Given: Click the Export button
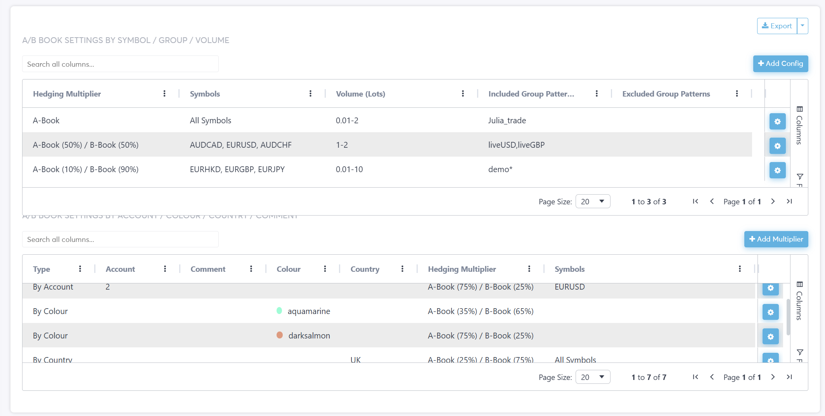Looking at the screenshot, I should click(x=777, y=26).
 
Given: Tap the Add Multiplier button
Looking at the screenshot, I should click(x=776, y=239).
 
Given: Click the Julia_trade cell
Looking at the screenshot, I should click(x=507, y=121).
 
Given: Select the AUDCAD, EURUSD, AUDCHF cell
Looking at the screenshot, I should click(x=240, y=145).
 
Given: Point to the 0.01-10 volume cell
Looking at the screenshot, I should click(x=349, y=169).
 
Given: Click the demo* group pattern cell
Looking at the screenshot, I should click(x=500, y=169).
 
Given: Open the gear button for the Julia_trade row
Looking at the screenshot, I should click(x=777, y=121).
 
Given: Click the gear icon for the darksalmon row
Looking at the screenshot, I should click(x=770, y=337).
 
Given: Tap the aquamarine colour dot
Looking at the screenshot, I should click(x=279, y=311).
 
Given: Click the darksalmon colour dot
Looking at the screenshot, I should click(x=280, y=335).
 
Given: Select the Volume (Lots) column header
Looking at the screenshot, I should click(x=360, y=94).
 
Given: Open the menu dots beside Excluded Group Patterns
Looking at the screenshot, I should click(x=737, y=93).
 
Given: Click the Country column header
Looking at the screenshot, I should click(x=365, y=269).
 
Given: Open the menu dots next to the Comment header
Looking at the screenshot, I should click(x=251, y=269).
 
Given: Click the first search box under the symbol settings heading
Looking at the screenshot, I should click(x=120, y=64).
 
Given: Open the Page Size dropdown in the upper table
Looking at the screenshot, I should click(x=593, y=202).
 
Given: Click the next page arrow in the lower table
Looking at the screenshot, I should click(x=773, y=377).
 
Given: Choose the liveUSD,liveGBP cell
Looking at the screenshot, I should click(x=516, y=145).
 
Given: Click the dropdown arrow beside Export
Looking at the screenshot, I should click(x=803, y=26).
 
